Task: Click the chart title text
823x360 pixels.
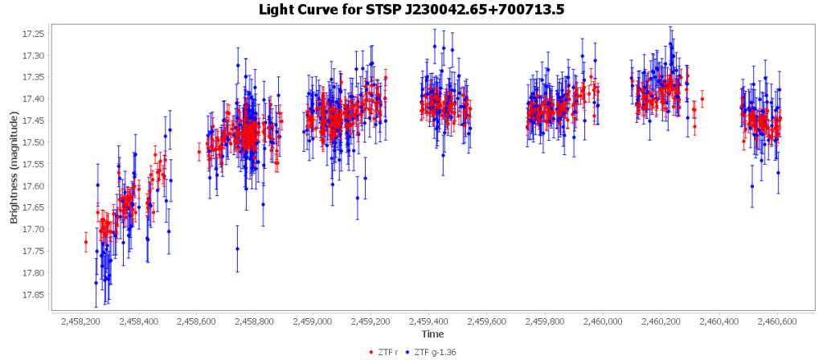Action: (411, 10)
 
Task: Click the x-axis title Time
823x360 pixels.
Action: (432, 333)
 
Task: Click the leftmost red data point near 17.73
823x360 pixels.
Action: (86, 242)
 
